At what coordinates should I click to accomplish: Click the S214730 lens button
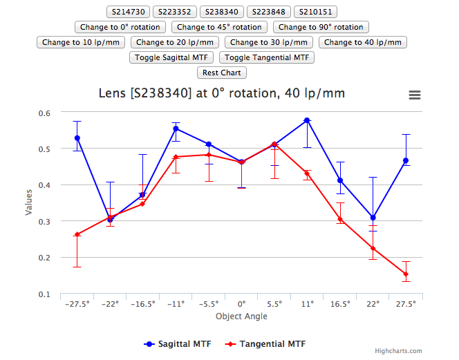click(128, 12)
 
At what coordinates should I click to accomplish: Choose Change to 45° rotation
click(219, 27)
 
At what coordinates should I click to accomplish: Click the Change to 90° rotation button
click(321, 27)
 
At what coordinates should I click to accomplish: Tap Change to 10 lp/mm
click(81, 42)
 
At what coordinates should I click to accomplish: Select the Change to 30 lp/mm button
click(269, 42)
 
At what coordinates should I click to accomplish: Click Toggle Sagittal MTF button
click(172, 57)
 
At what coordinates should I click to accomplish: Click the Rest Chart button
click(222, 73)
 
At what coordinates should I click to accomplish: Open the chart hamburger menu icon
click(415, 95)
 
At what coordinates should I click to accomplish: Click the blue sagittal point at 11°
click(307, 120)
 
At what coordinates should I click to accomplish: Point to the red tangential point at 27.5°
click(406, 274)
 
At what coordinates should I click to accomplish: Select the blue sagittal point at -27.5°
click(77, 138)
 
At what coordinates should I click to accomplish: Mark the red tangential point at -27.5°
click(77, 234)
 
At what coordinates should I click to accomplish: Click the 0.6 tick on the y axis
click(44, 113)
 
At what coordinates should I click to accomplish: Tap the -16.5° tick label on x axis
click(143, 303)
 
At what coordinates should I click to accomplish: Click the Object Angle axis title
click(241, 316)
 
